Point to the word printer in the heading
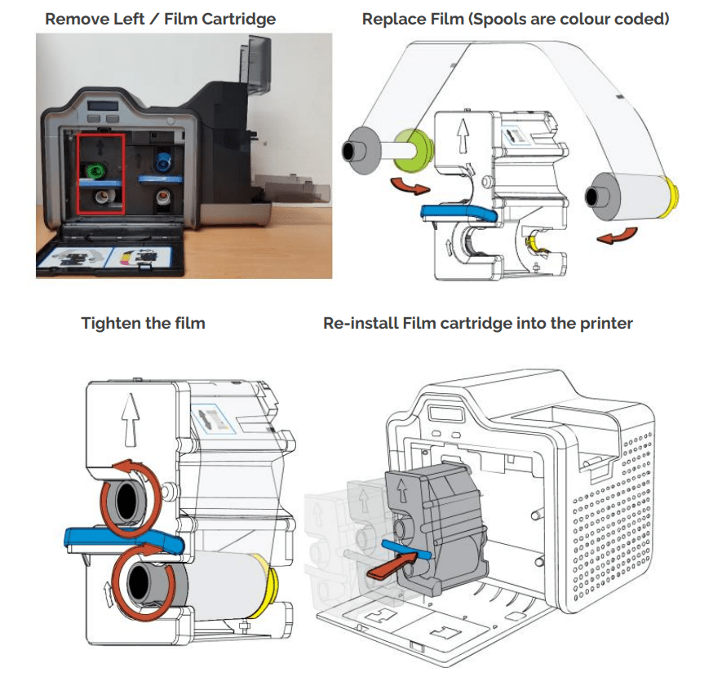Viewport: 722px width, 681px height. click(x=605, y=323)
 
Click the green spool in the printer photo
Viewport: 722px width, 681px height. click(x=97, y=170)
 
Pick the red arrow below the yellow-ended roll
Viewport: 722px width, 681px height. click(x=617, y=237)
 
